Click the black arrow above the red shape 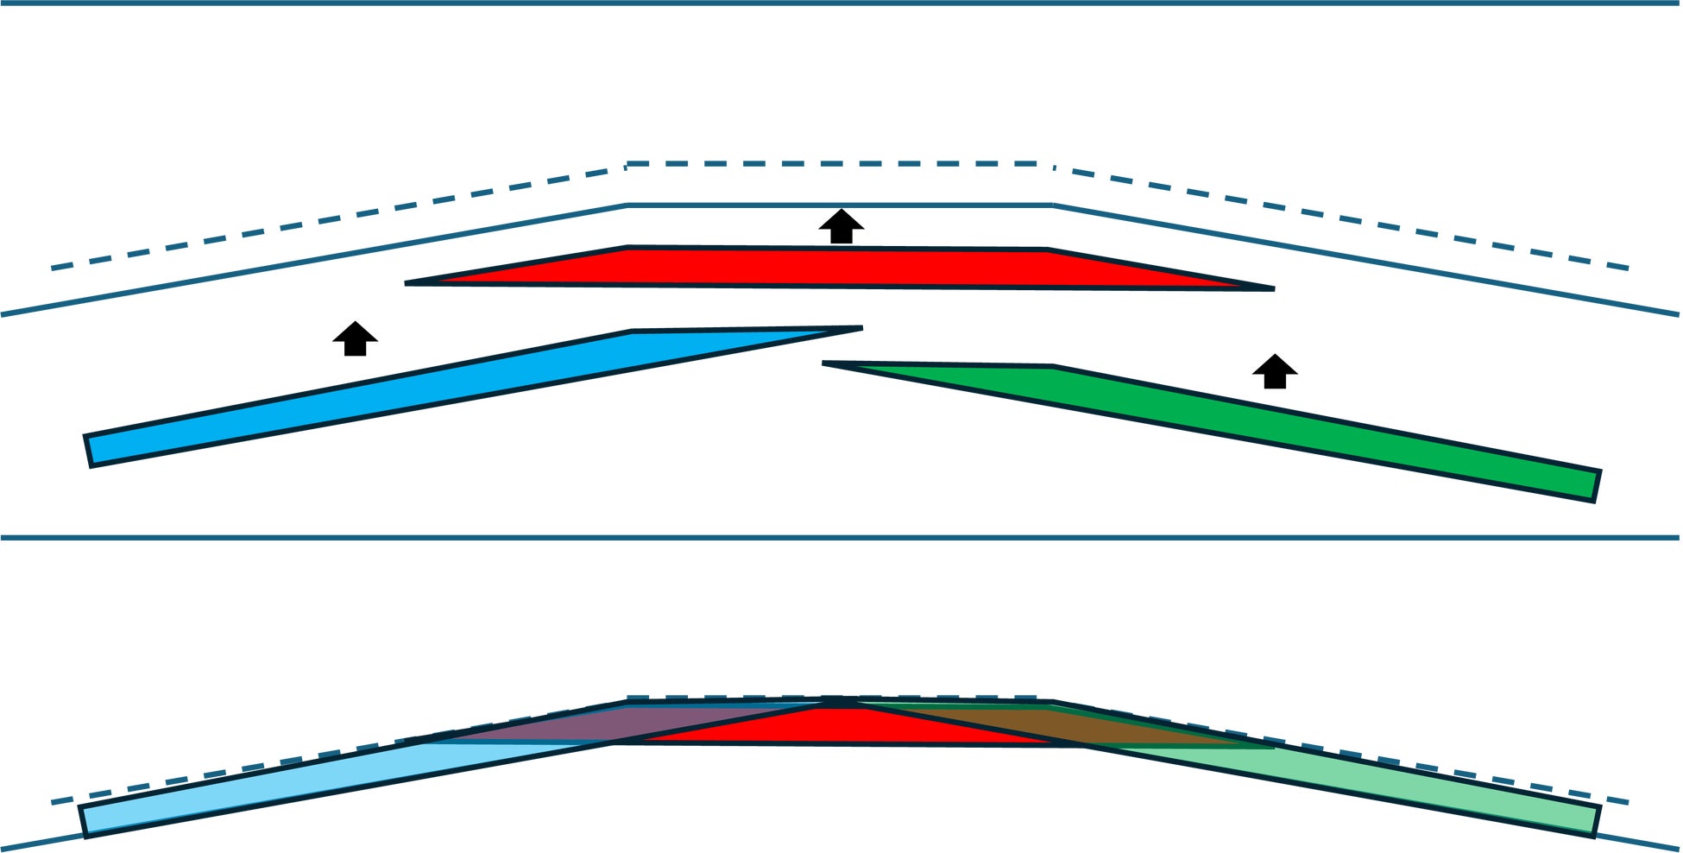point(841,226)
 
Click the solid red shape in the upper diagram point(837,267)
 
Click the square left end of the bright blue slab point(89,451)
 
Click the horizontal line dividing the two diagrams point(841,538)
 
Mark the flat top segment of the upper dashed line point(841,163)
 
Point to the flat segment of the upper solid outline point(841,205)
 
